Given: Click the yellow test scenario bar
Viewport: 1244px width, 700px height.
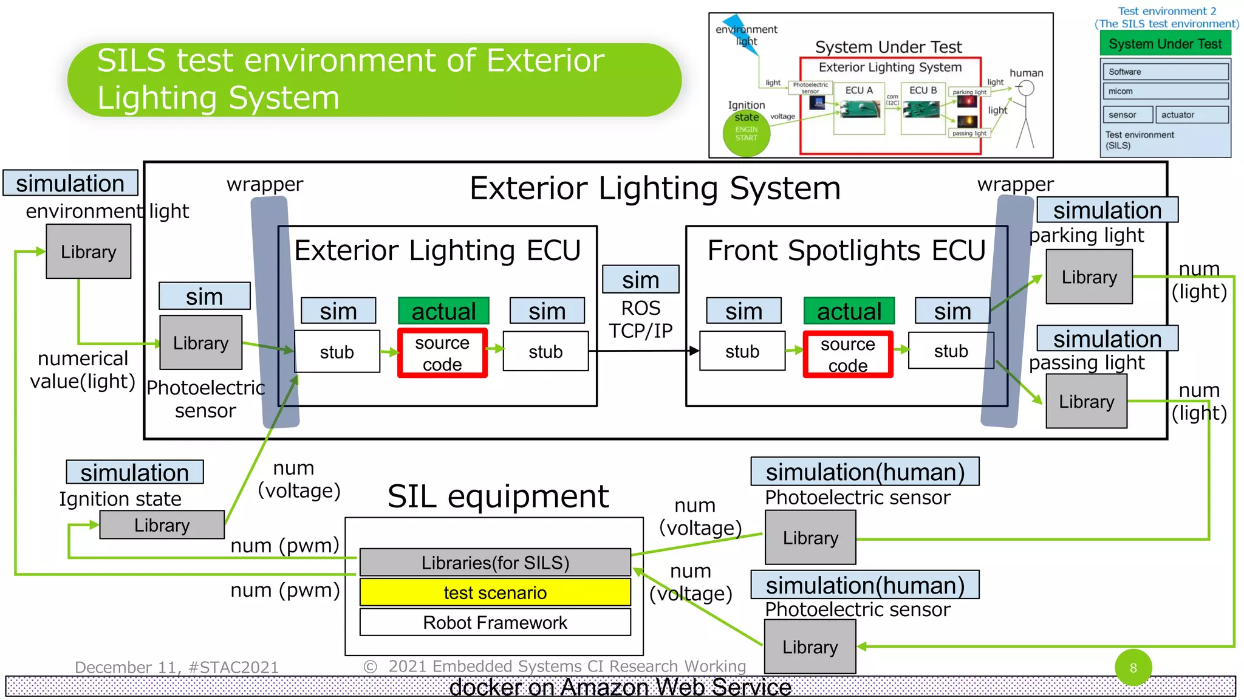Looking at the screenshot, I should coord(495,592).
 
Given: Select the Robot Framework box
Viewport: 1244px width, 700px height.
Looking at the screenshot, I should coord(495,622).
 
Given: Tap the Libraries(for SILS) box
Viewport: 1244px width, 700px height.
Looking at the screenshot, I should coord(495,562).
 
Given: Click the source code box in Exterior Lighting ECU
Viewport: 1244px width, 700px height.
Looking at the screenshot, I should coord(442,353).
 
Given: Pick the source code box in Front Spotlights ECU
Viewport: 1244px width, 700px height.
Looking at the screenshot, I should coord(847,354).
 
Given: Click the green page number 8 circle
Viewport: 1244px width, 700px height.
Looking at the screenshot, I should coord(1133,667).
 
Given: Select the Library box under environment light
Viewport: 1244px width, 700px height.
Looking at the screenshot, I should coord(89,252).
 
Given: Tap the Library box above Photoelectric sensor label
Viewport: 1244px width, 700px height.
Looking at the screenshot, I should coord(200,343).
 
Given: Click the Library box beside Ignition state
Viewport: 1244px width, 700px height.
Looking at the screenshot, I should coord(162,524).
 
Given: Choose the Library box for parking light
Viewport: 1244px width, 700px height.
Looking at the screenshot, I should coord(1088,277).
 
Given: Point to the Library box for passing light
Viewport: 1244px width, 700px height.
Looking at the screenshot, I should coord(1086,402).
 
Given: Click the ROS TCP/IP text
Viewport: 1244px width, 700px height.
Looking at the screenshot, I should coord(640,320).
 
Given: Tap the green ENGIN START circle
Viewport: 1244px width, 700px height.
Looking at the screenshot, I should coord(747,134).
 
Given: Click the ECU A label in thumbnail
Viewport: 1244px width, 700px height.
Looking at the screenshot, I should coord(859,91).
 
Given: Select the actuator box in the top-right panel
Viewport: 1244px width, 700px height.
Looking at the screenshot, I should coord(1194,115).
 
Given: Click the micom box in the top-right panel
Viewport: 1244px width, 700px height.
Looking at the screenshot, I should coord(1165,91).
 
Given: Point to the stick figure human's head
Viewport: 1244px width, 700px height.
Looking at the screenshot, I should coord(1026,89).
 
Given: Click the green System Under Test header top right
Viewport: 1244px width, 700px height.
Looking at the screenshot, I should coord(1165,44).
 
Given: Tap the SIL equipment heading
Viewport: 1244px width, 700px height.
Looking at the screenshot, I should coord(497,496).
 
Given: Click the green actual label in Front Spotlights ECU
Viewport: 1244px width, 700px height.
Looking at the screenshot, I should coord(849,311).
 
